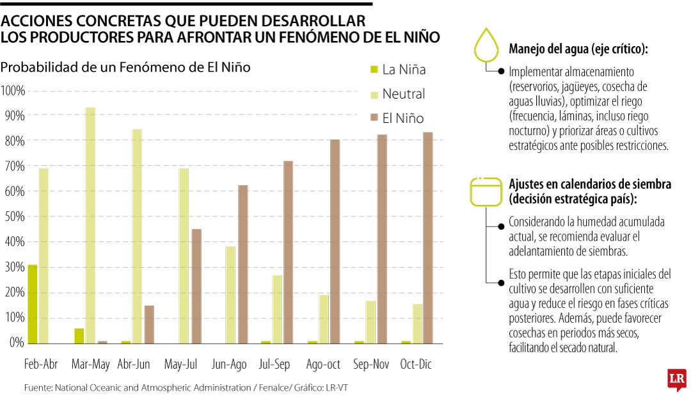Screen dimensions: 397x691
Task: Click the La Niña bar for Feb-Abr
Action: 32,304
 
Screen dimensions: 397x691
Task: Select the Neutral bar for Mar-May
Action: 90,225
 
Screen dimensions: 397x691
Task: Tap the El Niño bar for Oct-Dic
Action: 428,237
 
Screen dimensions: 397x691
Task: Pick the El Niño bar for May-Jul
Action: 196,286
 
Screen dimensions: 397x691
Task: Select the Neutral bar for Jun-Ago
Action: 230,295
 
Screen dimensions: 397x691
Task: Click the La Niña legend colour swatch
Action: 373,69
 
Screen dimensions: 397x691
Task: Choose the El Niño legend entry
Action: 402,118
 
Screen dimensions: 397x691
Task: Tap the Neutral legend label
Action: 403,94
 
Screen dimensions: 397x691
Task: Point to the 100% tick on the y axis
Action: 13,90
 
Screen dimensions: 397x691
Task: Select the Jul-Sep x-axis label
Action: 274,364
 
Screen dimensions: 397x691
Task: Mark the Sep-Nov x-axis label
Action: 371,364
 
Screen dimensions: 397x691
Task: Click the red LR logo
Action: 676,379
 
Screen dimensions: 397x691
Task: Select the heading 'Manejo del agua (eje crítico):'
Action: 578,49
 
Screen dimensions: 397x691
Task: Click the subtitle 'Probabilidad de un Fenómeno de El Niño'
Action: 125,67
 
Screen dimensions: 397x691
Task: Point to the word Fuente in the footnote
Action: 37,387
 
